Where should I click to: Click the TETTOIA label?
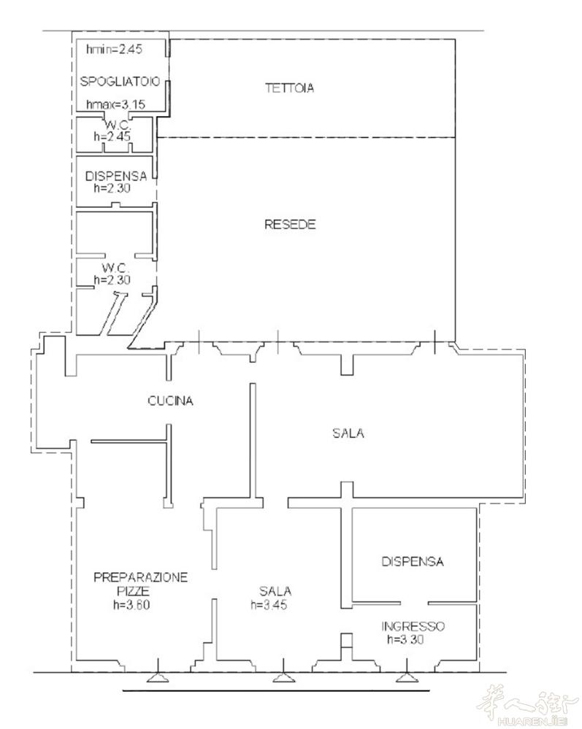289,88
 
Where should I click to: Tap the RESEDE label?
290,225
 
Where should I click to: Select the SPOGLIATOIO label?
120,81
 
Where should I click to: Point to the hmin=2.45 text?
115,49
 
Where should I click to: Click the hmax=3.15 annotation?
116,104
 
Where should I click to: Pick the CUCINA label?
170,401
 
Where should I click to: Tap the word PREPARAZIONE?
140,577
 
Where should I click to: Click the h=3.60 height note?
131,605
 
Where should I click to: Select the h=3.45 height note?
269,605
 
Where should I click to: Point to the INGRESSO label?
413,626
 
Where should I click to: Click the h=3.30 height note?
405,639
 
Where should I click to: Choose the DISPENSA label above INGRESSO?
412,562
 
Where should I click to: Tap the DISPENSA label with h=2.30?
116,176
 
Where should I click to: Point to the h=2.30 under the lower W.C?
112,280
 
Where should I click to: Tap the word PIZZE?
133,591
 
